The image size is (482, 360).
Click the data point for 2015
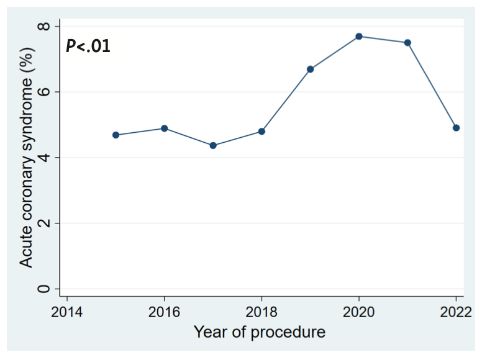[x=116, y=135]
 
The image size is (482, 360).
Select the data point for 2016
[x=165, y=128]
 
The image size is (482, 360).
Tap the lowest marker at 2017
[x=213, y=145]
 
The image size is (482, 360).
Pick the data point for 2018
[x=261, y=132]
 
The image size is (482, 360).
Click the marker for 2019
[x=310, y=69]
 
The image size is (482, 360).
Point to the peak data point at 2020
[x=359, y=37]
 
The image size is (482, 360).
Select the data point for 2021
[x=407, y=43]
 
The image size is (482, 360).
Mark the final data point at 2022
[x=456, y=128]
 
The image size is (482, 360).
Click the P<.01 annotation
[x=88, y=46]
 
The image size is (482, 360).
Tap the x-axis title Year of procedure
[x=259, y=333]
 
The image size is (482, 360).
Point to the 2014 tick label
[x=67, y=311]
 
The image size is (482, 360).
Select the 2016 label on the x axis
[x=165, y=311]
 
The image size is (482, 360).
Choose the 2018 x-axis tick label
[x=261, y=311]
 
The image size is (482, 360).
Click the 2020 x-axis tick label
[x=359, y=311]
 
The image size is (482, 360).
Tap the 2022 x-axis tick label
[x=455, y=311]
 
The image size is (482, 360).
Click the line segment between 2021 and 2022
[x=432, y=86]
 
